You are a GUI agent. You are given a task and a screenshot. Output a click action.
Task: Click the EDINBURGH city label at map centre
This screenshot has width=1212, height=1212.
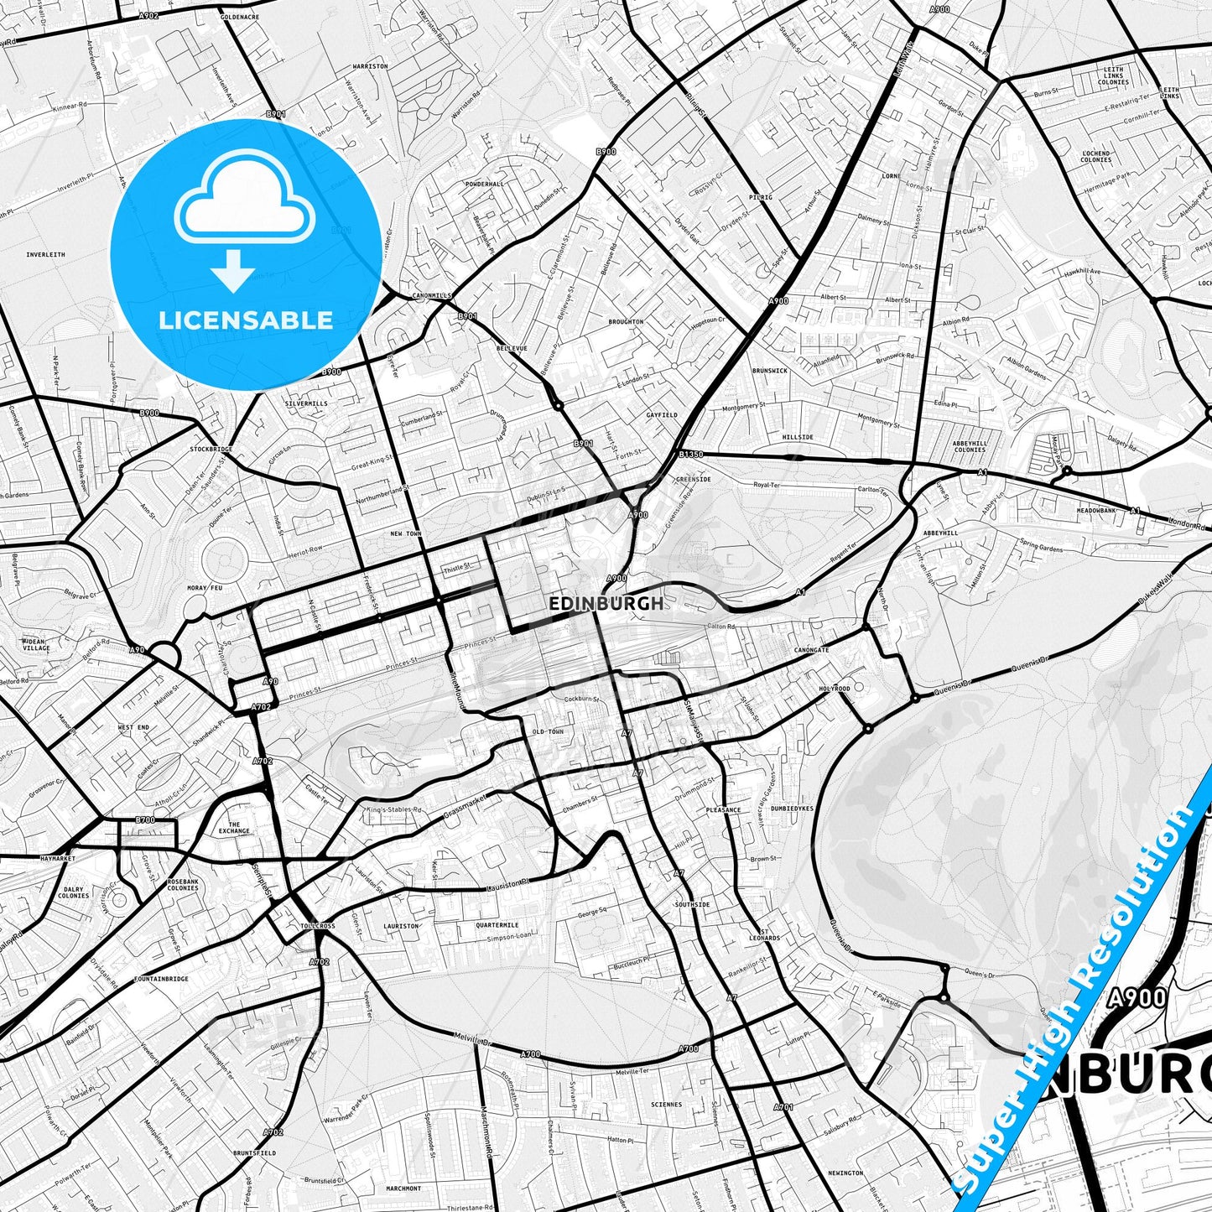click(x=605, y=603)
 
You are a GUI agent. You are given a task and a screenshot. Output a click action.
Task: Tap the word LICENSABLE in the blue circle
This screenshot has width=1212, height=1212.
click(x=246, y=320)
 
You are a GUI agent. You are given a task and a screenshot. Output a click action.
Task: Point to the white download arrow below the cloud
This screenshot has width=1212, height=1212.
click(x=233, y=270)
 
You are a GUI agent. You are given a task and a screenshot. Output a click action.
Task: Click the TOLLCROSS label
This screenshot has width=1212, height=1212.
click(x=317, y=926)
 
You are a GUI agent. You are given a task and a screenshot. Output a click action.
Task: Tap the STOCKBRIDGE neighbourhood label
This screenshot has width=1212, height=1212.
click(x=211, y=450)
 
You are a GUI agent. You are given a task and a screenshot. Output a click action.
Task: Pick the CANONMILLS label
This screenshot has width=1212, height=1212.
click(x=432, y=296)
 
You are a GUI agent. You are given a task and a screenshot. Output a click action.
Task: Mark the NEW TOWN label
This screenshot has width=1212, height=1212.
click(x=406, y=533)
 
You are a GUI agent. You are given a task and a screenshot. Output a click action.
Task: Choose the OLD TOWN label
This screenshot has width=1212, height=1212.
click(x=549, y=731)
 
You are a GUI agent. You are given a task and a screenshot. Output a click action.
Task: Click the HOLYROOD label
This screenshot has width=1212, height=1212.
click(x=835, y=689)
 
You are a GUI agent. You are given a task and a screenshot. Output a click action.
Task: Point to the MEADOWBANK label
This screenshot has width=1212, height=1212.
click(x=1097, y=510)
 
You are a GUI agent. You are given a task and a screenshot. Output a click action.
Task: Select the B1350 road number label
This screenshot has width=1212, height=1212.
click(x=691, y=454)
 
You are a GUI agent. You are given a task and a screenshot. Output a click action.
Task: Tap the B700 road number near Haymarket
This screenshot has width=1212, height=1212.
click(x=145, y=819)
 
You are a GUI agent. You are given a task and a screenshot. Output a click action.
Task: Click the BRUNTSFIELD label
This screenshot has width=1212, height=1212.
click(x=253, y=1153)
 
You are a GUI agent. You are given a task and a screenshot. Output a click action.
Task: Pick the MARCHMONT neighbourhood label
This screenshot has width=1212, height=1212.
click(x=403, y=1188)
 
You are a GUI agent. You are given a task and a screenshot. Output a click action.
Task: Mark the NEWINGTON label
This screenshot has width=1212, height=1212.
click(x=845, y=1173)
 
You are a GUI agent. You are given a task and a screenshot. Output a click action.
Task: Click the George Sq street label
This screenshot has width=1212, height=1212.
click(x=592, y=913)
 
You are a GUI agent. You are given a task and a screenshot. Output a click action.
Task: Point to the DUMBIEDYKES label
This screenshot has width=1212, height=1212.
click(x=792, y=809)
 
